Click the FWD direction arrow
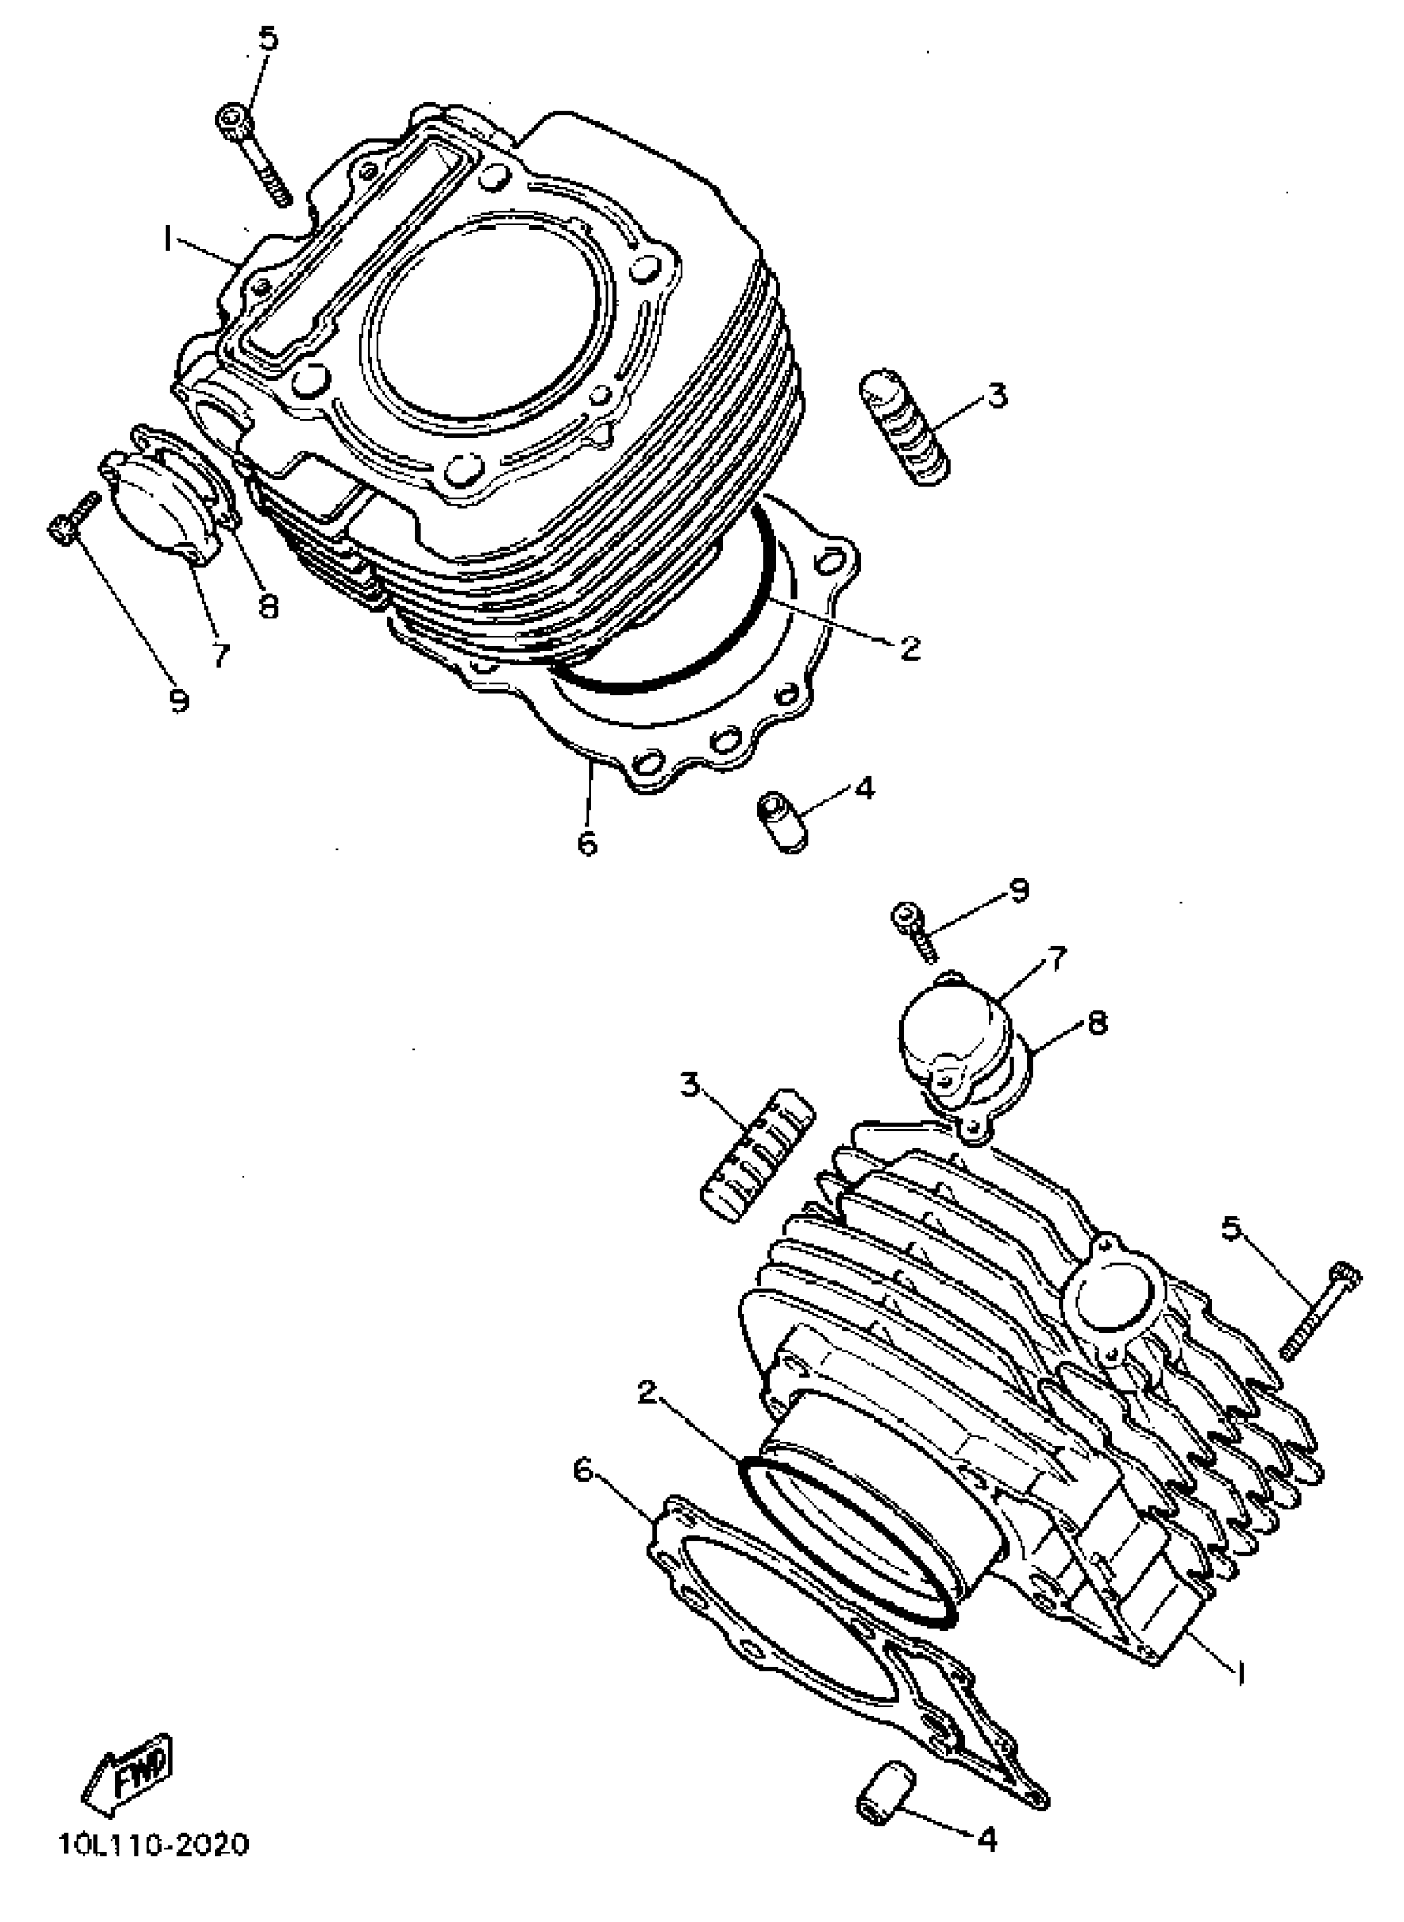click(129, 1768)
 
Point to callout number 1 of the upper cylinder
click(168, 239)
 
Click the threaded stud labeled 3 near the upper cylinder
click(904, 427)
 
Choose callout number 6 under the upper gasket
click(587, 844)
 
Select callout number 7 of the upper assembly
click(221, 654)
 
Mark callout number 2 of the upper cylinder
click(909, 649)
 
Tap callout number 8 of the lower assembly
click(1098, 1023)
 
